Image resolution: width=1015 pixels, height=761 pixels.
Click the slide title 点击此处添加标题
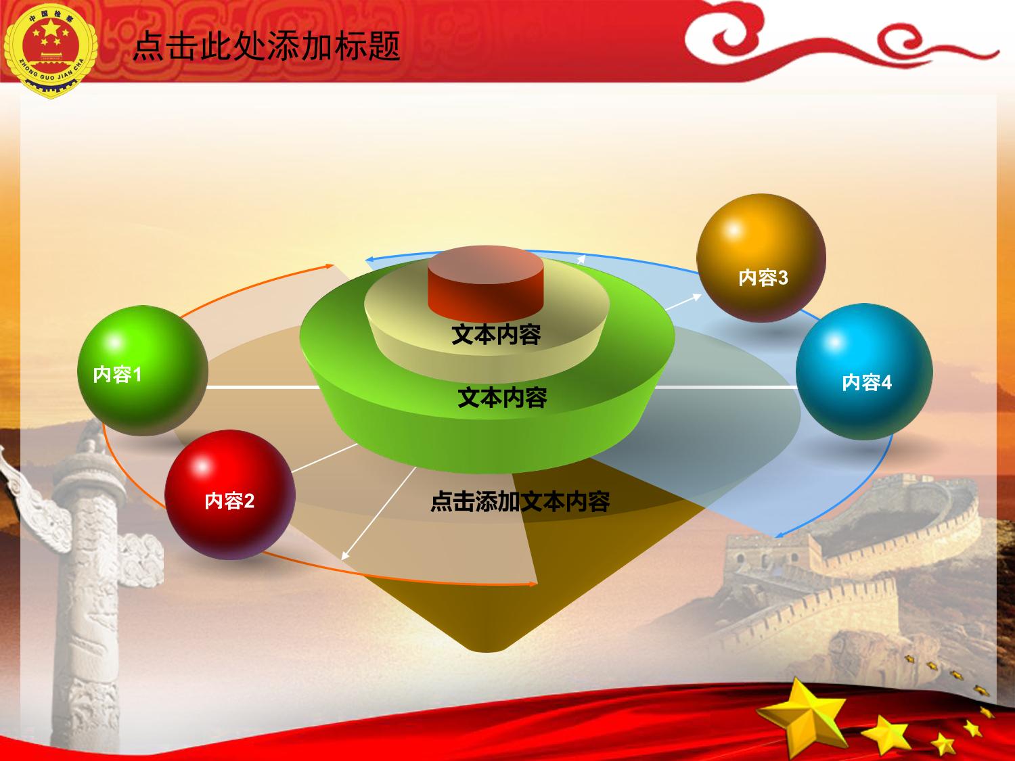pyautogui.click(x=267, y=46)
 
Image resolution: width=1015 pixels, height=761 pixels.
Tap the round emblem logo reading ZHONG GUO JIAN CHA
pyautogui.click(x=50, y=50)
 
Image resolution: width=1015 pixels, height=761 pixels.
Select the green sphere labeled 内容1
pyautogui.click(x=142, y=371)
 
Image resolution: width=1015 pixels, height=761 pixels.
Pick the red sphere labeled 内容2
pyautogui.click(x=230, y=494)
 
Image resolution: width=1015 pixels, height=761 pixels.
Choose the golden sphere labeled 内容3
pyautogui.click(x=761, y=258)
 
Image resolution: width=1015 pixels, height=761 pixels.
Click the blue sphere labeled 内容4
pyautogui.click(x=864, y=371)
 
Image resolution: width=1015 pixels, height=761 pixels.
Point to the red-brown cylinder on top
pyautogui.click(x=486, y=283)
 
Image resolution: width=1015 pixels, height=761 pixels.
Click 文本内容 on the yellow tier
pyautogui.click(x=496, y=335)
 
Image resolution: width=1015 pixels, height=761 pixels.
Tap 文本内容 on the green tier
pyautogui.click(x=502, y=397)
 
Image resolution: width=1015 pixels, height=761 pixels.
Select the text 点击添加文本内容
pyautogui.click(x=520, y=502)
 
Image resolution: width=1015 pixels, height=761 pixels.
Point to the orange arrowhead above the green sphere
pyautogui.click(x=328, y=266)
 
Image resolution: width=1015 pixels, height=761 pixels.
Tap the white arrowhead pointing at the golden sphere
pyautogui.click(x=696, y=297)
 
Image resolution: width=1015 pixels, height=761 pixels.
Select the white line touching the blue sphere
pyautogui.click(x=725, y=387)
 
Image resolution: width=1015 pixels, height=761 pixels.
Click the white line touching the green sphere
pyautogui.click(x=264, y=387)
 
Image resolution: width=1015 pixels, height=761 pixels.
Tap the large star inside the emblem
pyautogui.click(x=50, y=28)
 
